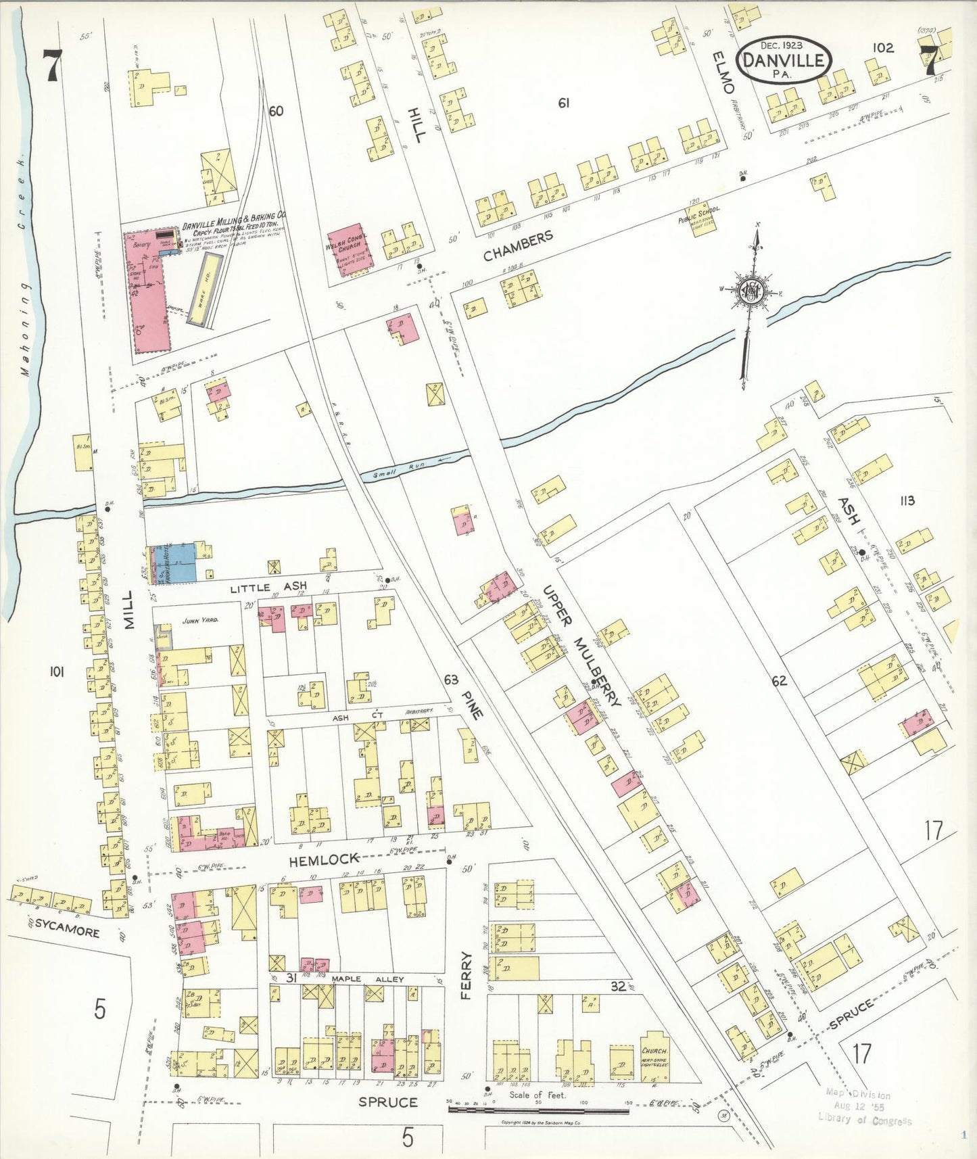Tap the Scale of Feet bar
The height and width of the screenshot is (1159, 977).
tap(538, 1109)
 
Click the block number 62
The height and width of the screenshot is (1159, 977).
tap(780, 680)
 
